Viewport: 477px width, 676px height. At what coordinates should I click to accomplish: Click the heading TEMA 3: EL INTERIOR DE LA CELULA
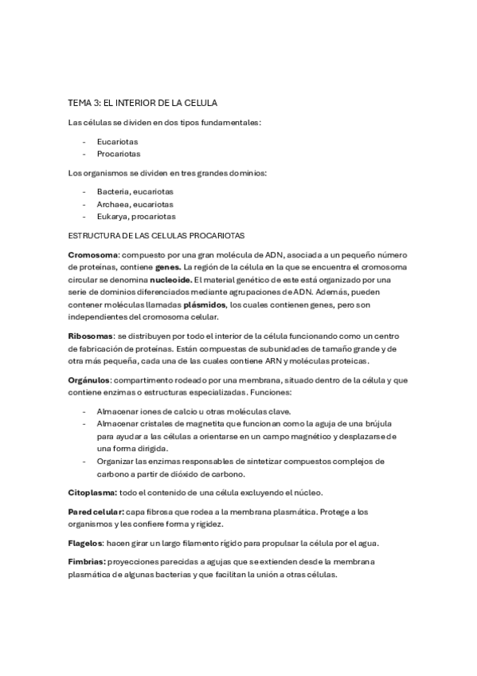[x=143, y=104]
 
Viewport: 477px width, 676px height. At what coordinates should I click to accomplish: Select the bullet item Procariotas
[x=117, y=154]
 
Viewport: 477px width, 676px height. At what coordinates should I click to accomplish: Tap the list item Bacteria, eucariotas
[x=135, y=191]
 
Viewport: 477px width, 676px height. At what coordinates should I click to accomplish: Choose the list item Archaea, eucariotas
[x=135, y=204]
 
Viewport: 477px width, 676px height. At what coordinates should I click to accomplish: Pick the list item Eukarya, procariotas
[x=136, y=216]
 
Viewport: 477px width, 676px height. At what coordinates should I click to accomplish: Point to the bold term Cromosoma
[x=93, y=254]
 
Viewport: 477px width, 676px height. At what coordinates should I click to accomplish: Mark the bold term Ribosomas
[x=91, y=336]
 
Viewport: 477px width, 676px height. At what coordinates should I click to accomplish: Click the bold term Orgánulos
[x=89, y=380]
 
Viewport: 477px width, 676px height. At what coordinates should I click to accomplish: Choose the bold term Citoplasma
[x=92, y=493]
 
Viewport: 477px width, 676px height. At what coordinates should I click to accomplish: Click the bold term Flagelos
[x=87, y=543]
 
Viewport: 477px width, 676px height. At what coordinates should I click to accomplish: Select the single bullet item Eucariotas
[x=117, y=141]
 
